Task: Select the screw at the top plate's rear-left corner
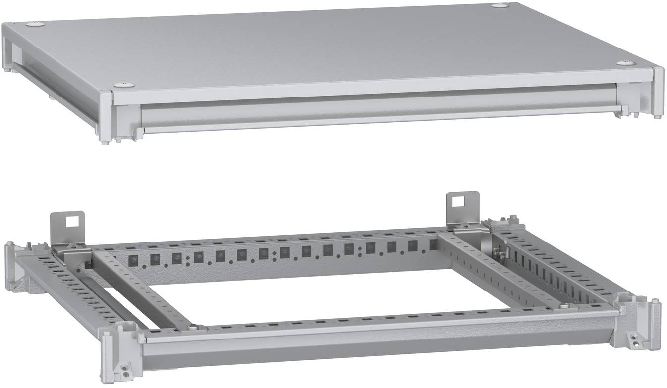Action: pyautogui.click(x=35, y=23)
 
